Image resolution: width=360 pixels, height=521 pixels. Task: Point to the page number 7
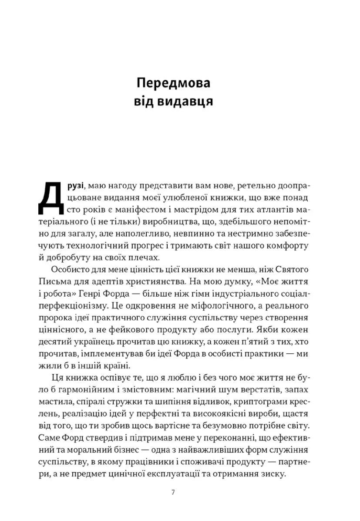pos(173,493)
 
